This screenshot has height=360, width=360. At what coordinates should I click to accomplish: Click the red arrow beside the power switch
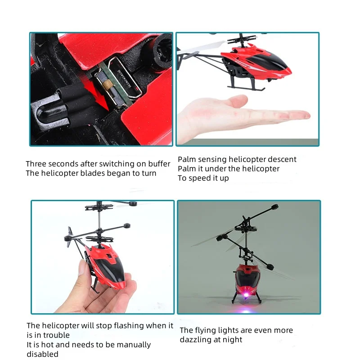coord(103,100)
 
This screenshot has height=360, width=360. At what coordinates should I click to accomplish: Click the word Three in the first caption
coord(37,164)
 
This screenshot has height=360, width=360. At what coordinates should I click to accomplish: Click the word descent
coord(282,159)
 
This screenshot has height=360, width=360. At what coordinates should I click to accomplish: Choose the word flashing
coord(138,325)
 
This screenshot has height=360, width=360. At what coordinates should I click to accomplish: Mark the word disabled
coord(42,354)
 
